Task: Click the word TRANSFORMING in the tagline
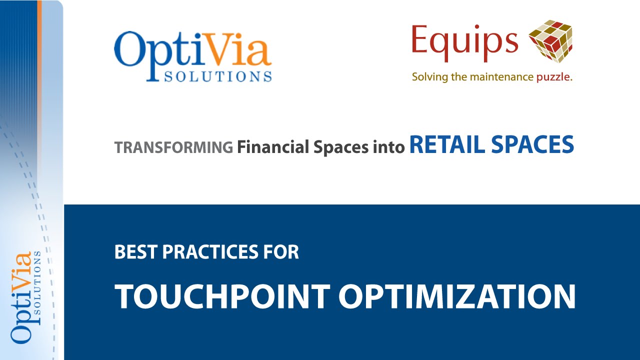coord(173,147)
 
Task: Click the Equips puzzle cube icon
coord(550,41)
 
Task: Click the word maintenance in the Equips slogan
coord(506,77)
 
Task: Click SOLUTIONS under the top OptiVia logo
coord(217,76)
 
